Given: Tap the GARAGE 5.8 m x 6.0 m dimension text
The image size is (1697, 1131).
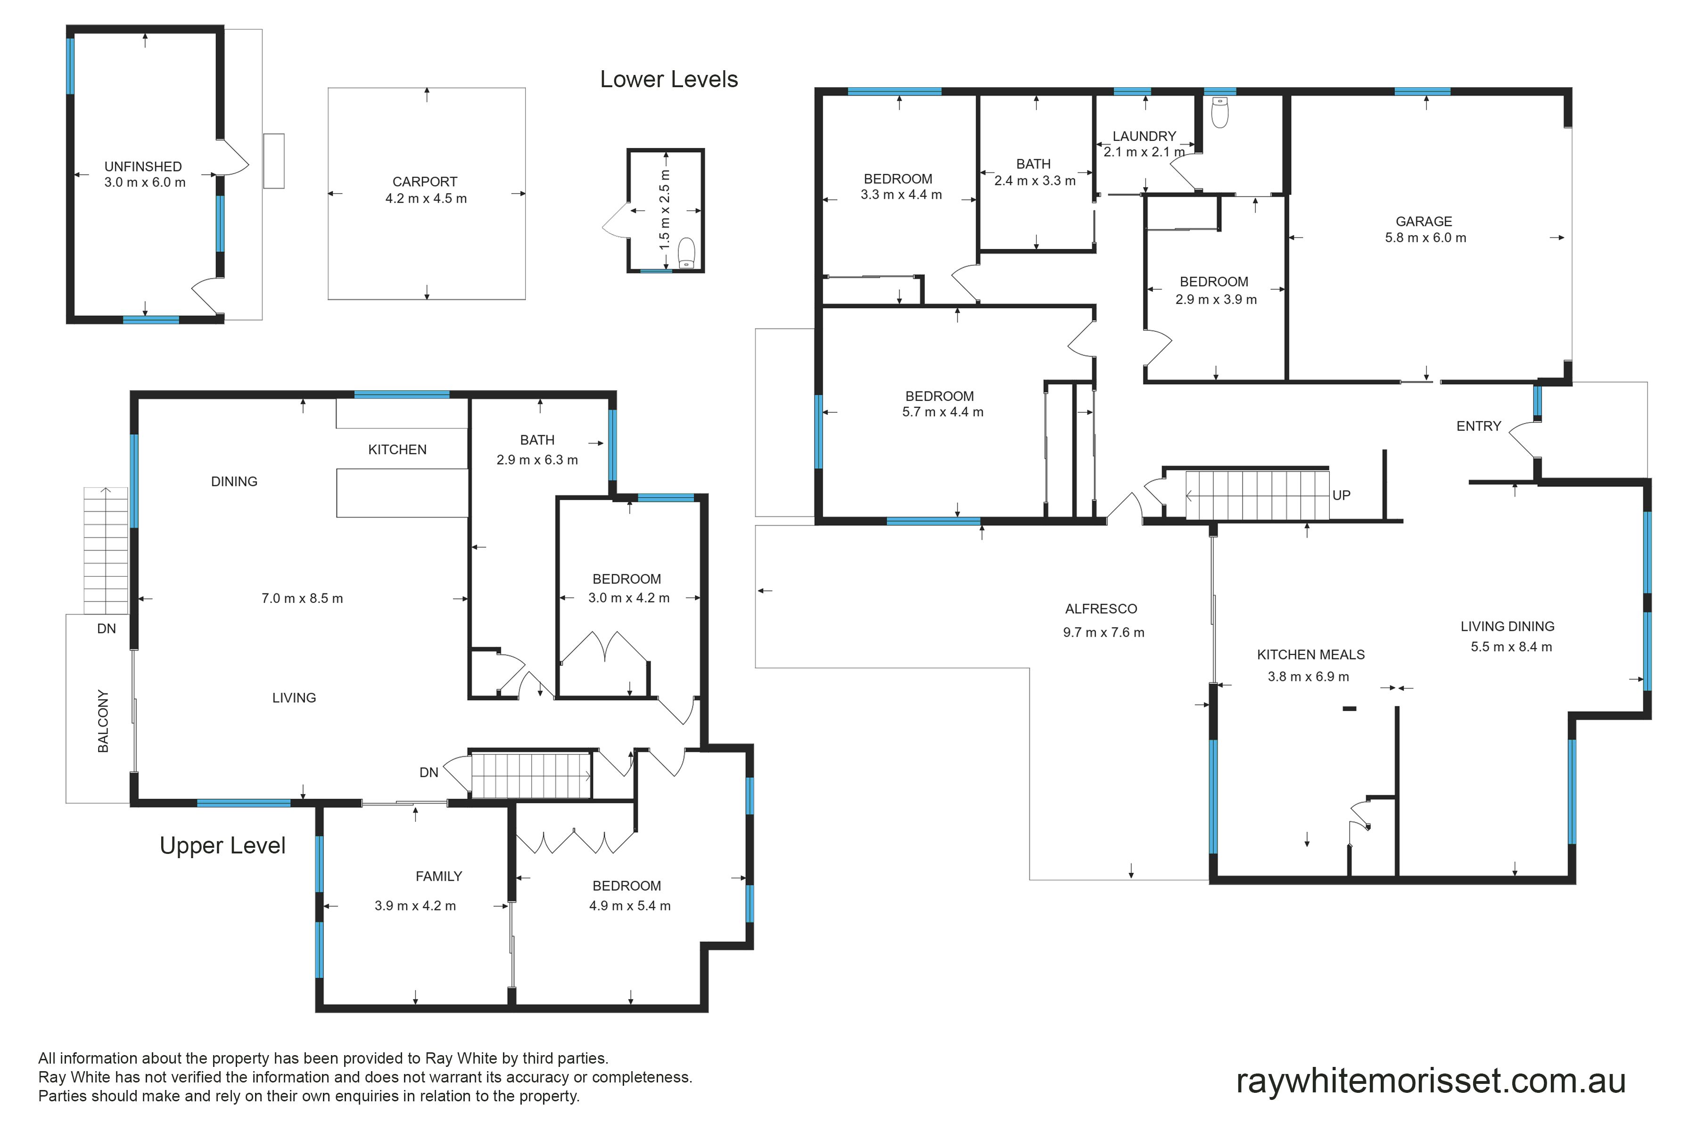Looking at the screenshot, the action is coord(1425,238).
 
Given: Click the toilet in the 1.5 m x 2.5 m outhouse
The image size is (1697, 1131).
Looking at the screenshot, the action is coord(686,253).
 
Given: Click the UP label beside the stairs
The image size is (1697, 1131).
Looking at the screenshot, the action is coord(1341,496).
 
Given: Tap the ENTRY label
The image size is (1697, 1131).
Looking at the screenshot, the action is coord(1478,426).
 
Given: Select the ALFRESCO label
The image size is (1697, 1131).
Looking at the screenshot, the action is coord(1101,609).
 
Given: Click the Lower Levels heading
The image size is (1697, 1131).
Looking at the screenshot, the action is coord(669,79).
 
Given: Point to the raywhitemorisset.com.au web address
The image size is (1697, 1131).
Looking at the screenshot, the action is coord(1431,1081).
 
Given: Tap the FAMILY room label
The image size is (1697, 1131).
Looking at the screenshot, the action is coord(439,877).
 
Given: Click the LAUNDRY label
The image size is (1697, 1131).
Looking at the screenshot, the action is coord(1145,136).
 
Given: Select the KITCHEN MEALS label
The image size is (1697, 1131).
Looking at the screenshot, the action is coord(1311,655).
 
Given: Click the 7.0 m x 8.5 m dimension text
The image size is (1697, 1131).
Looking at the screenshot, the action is coord(302,598).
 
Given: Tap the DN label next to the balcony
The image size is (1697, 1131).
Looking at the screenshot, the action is coord(106,629).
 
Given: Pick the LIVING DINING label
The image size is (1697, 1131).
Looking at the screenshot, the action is coord(1507,627).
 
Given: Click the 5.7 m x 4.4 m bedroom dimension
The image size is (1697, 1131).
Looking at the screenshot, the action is coord(942,413).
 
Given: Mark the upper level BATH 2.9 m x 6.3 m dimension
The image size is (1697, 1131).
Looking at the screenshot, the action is coord(537,460).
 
